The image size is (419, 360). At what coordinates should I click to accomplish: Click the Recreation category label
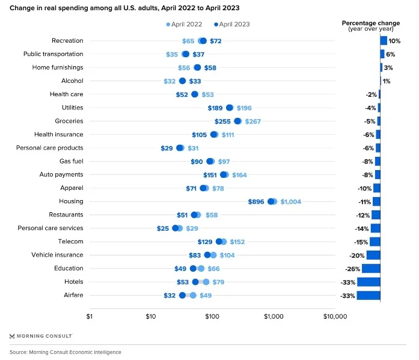67,41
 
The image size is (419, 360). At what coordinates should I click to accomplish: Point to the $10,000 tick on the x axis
334,316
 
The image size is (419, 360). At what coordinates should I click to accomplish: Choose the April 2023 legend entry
231,24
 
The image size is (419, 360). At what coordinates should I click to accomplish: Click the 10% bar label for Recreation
394,41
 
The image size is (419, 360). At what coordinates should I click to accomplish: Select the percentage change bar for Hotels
369,282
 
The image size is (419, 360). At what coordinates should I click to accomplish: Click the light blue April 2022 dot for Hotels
206,282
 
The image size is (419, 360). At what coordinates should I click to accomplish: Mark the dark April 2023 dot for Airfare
182,295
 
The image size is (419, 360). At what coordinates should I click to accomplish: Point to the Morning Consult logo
41,335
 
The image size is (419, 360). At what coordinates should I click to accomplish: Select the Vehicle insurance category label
57,255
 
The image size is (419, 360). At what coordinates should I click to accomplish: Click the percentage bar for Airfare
369,295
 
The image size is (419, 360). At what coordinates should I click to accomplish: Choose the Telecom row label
71,242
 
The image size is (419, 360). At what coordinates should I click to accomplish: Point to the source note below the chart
66,352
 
